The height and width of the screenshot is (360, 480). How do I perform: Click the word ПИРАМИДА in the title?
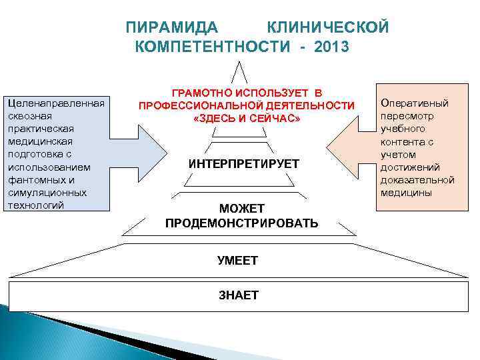point(172,27)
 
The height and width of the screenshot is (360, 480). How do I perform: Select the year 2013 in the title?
point(329,47)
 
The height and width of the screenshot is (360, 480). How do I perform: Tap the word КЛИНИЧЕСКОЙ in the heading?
point(327,27)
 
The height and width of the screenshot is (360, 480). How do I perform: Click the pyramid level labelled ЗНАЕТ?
point(239,295)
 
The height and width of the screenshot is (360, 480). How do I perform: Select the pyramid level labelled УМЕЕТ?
point(237,260)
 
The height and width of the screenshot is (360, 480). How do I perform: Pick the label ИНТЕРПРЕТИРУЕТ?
point(243,164)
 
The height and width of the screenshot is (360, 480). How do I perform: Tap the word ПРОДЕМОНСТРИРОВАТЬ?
point(241,222)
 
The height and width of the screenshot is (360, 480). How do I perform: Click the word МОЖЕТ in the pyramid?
point(242,208)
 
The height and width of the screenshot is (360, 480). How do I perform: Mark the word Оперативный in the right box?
point(414,103)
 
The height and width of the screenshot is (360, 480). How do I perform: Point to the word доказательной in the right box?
point(417,180)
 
